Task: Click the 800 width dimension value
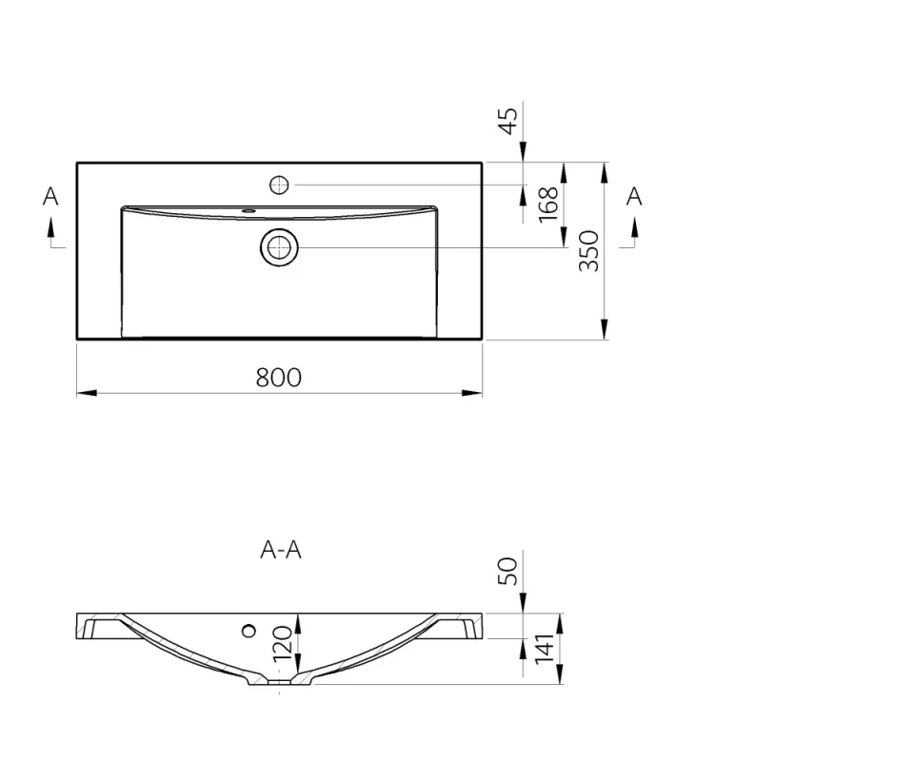[278, 378]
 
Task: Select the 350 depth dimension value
[589, 251]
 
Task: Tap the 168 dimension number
[547, 205]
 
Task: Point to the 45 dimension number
[508, 121]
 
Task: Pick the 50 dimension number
[508, 571]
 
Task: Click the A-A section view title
[280, 550]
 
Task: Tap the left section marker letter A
[50, 197]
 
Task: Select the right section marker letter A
[634, 197]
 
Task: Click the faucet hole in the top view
[280, 185]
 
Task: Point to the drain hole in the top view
[280, 247]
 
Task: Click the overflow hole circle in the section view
[249, 629]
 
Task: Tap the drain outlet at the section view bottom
[279, 681]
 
